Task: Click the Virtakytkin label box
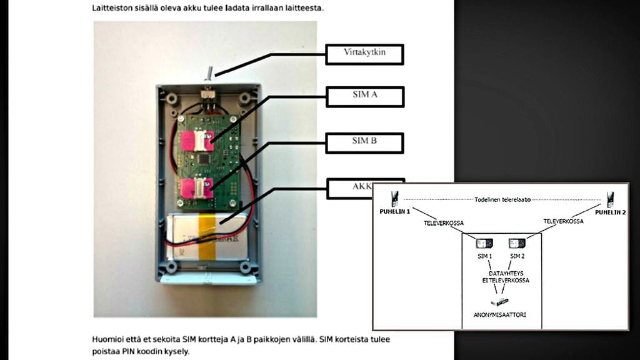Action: [x=364, y=54]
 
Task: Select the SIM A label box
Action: [x=364, y=96]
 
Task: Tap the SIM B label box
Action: [x=364, y=142]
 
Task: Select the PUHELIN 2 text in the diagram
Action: [x=611, y=212]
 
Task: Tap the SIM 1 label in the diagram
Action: [x=483, y=256]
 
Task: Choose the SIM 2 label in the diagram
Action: [x=517, y=256]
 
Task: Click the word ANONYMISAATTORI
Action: [x=500, y=314]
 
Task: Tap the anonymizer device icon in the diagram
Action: [x=500, y=302]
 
